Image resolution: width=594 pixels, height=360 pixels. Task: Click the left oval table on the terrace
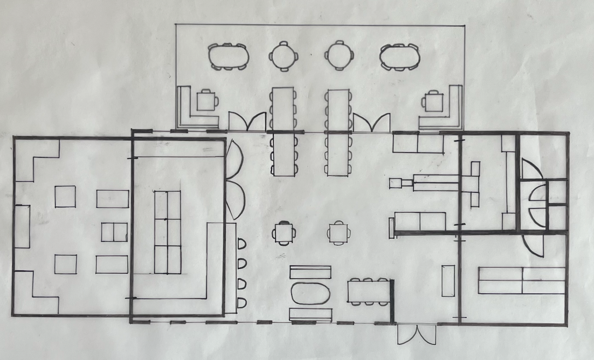[229, 57]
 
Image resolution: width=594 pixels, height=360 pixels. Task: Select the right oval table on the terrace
[399, 57]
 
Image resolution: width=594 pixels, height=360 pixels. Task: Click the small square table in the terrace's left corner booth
[206, 100]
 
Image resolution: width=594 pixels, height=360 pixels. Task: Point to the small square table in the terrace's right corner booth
[433, 101]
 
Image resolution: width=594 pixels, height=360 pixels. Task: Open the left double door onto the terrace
[247, 122]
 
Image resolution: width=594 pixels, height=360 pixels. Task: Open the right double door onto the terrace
[372, 123]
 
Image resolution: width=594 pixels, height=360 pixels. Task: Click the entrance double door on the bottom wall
[417, 334]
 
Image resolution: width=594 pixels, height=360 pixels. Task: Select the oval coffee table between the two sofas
[310, 294]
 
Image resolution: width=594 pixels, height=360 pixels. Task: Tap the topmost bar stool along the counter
[241, 244]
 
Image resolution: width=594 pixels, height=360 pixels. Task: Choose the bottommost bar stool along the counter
[241, 302]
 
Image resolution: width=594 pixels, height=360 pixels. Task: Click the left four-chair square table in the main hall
[284, 233]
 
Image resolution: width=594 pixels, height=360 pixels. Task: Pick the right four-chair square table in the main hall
[338, 233]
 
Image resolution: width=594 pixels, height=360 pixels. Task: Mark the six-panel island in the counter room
[168, 232]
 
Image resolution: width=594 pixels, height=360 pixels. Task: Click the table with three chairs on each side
[368, 292]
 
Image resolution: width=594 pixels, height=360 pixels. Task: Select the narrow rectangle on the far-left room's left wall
[22, 226]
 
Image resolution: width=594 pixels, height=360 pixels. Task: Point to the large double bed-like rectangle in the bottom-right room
[521, 280]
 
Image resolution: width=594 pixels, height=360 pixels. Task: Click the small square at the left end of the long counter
[395, 183]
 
